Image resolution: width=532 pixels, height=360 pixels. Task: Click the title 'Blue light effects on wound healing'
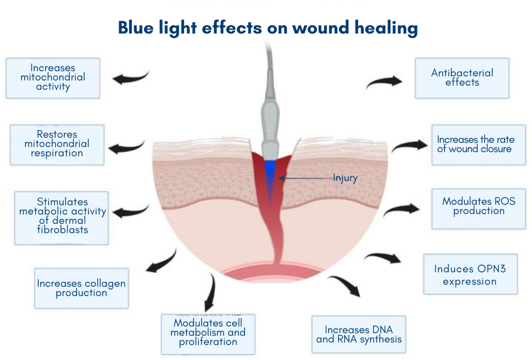click(x=268, y=27)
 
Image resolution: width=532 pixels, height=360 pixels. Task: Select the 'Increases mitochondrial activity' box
click(x=53, y=78)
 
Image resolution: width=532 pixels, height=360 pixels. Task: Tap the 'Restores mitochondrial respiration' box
click(x=57, y=144)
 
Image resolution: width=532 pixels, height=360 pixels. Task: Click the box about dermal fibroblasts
click(x=61, y=217)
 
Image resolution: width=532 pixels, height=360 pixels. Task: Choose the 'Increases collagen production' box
click(x=82, y=288)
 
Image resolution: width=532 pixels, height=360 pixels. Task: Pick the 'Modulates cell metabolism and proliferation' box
click(x=208, y=333)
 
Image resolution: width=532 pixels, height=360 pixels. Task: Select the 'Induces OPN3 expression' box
click(x=470, y=274)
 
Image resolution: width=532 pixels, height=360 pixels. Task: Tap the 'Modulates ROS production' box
click(x=478, y=208)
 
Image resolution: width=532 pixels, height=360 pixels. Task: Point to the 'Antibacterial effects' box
click(x=462, y=78)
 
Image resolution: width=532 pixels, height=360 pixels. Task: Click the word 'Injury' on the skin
click(x=345, y=178)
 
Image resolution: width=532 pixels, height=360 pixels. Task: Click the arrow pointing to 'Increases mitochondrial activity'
click(x=130, y=78)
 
